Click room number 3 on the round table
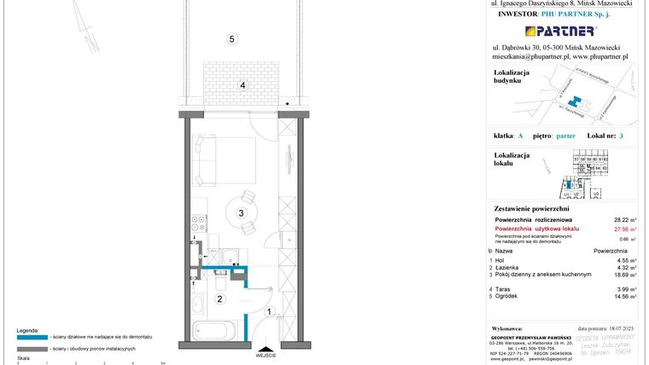pos(242,213)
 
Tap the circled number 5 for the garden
pos(231,38)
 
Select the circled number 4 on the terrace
pos(243,85)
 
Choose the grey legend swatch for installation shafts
pos(32,349)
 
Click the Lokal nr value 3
pos(623,136)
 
